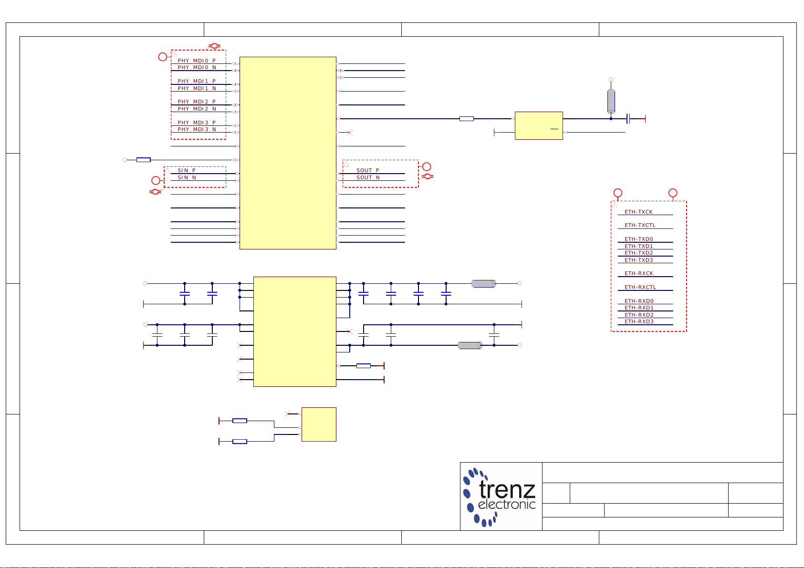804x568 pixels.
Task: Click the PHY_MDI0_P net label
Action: pyautogui.click(x=197, y=61)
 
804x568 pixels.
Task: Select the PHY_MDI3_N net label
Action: pyautogui.click(x=197, y=129)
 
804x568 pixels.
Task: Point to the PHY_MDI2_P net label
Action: pyautogui.click(x=197, y=102)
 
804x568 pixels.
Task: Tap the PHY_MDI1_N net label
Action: pyautogui.click(x=197, y=88)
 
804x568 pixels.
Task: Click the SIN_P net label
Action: pyautogui.click(x=187, y=170)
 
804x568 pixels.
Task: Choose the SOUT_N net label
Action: pyautogui.click(x=368, y=177)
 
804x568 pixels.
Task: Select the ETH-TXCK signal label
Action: pyautogui.click(x=638, y=212)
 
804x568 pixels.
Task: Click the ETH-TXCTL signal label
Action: pyautogui.click(x=640, y=225)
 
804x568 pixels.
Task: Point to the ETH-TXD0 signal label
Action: pyautogui.click(x=638, y=239)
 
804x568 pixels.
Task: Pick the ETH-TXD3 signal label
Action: pyautogui.click(x=638, y=260)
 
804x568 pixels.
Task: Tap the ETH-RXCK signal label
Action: pyautogui.click(x=639, y=273)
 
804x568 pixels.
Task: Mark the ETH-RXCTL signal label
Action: pyautogui.click(x=640, y=287)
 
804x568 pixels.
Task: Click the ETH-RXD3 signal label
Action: pyautogui.click(x=639, y=321)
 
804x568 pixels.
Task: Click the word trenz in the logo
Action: pyautogui.click(x=507, y=489)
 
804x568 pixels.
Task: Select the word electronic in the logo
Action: pyautogui.click(x=507, y=505)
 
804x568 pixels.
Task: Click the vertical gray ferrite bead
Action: pyautogui.click(x=611, y=101)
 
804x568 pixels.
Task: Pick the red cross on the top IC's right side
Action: pyautogui.click(x=350, y=132)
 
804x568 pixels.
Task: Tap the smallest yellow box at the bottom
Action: pyautogui.click(x=319, y=424)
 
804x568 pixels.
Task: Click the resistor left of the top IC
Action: pyautogui.click(x=143, y=160)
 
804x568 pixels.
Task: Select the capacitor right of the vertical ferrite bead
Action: pyautogui.click(x=628, y=118)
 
